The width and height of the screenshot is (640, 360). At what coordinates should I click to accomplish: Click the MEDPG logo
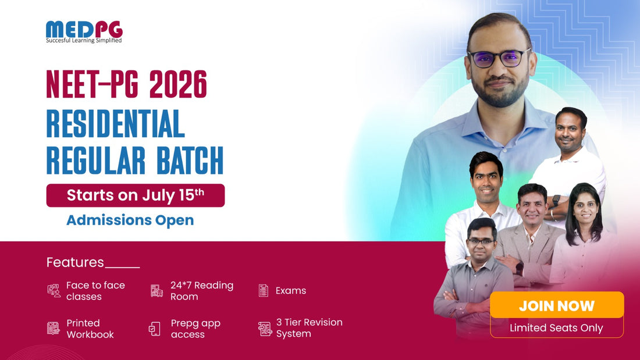(84, 32)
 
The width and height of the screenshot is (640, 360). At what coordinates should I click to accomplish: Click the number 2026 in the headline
(178, 84)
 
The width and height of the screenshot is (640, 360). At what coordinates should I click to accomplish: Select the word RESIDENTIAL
(116, 123)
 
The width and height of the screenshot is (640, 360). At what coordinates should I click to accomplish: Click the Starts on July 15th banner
(136, 195)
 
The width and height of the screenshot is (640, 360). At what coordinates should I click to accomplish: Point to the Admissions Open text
(130, 220)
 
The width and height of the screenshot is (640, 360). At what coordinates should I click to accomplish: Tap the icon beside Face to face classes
(54, 291)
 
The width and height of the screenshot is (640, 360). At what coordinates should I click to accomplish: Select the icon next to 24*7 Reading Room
(157, 291)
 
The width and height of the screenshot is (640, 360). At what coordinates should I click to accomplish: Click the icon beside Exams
(263, 291)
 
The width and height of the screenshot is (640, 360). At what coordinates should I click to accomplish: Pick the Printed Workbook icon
(53, 328)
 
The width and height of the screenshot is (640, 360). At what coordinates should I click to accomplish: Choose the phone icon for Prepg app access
(154, 329)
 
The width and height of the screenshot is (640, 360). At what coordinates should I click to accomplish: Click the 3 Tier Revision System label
(310, 328)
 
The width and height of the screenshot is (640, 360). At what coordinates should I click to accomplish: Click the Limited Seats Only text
(556, 328)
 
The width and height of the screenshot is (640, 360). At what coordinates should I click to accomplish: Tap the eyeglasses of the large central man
(499, 58)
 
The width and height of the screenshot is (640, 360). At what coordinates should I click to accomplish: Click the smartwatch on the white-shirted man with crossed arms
(556, 201)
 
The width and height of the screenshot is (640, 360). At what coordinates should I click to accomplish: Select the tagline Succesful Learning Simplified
(84, 40)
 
